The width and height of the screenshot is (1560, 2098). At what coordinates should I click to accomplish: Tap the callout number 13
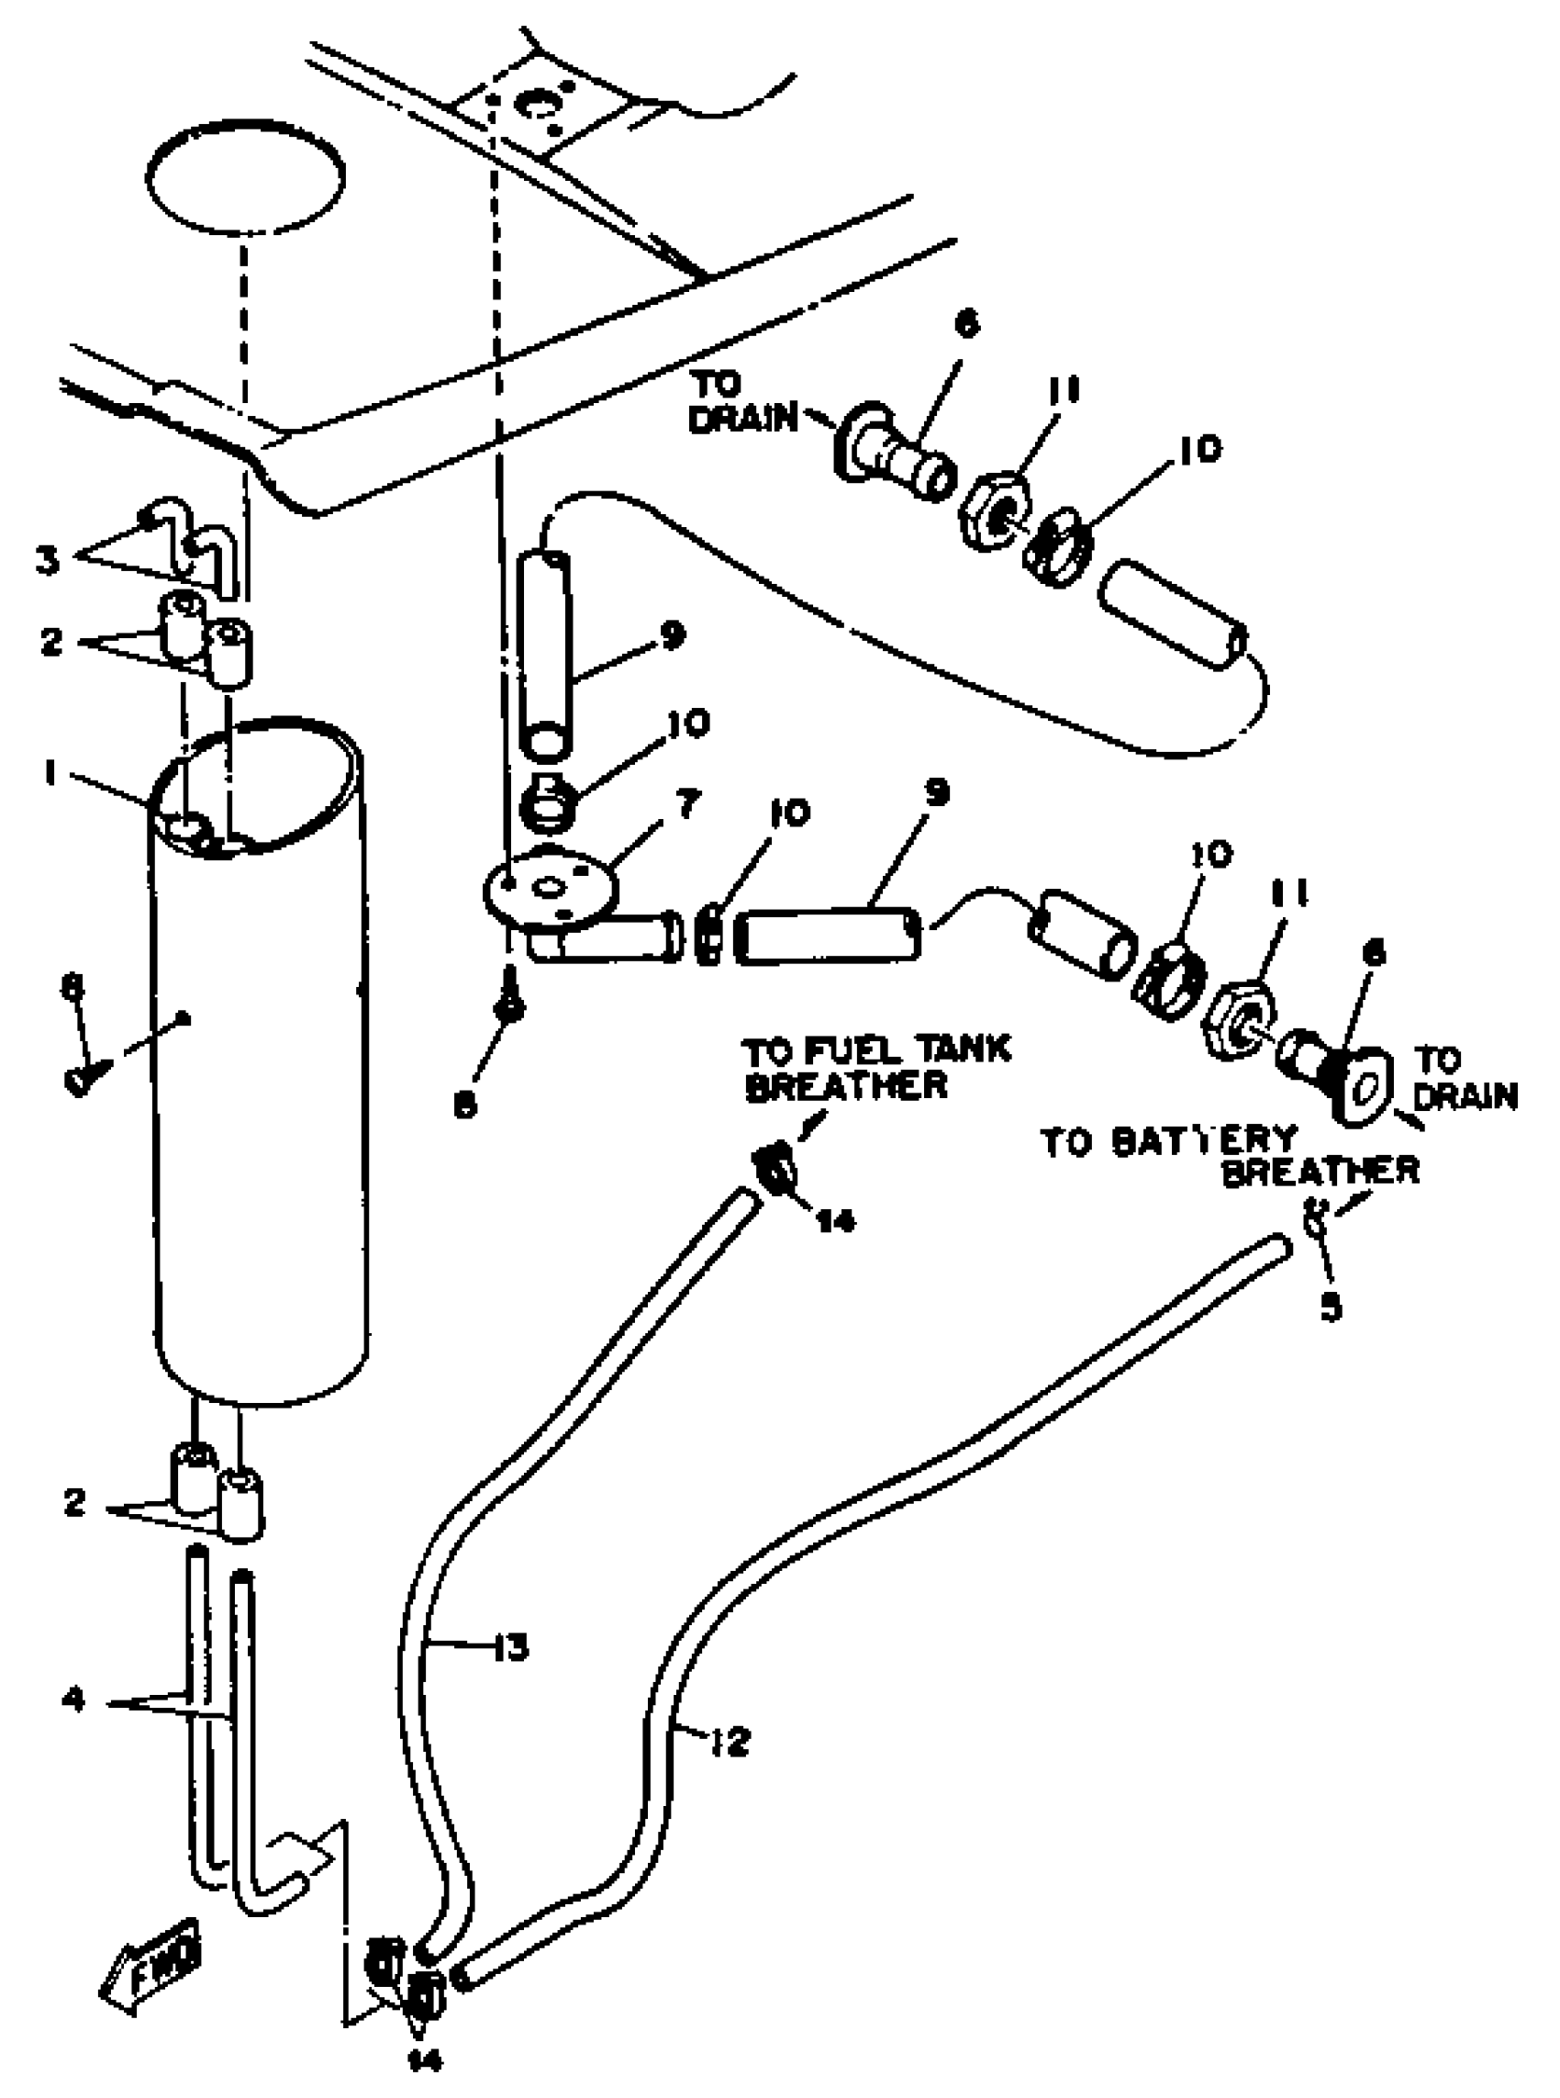[x=512, y=1649]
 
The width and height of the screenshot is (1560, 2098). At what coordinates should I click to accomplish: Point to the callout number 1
[x=50, y=774]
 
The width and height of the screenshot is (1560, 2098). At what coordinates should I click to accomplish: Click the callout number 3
[x=47, y=559]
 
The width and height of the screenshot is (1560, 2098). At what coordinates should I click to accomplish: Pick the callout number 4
[x=73, y=1700]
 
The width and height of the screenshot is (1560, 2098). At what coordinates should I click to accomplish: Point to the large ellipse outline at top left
[x=246, y=176]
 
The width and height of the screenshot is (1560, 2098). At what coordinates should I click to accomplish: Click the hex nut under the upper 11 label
[x=997, y=511]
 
